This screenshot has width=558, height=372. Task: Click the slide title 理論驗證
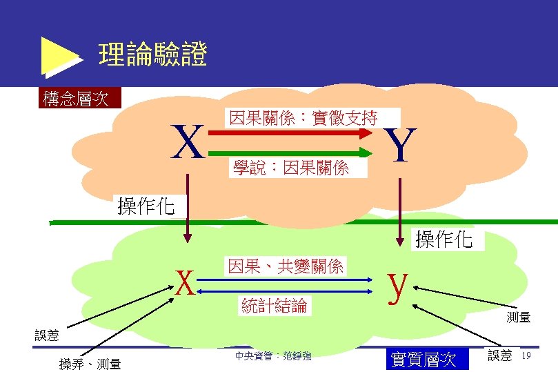click(152, 55)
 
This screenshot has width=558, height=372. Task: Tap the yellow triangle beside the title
click(59, 55)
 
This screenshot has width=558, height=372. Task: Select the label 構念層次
click(76, 99)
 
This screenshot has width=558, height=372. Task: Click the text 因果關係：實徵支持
click(303, 118)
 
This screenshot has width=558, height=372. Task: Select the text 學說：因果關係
click(290, 167)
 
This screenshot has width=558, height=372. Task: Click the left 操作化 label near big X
click(146, 206)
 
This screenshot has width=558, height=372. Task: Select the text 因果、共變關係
click(286, 266)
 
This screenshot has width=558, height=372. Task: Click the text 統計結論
click(275, 305)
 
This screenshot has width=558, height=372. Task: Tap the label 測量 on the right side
click(518, 317)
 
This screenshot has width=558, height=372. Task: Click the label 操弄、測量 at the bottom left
click(90, 364)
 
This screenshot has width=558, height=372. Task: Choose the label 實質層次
click(424, 360)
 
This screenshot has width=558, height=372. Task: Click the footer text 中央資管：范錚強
click(273, 356)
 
